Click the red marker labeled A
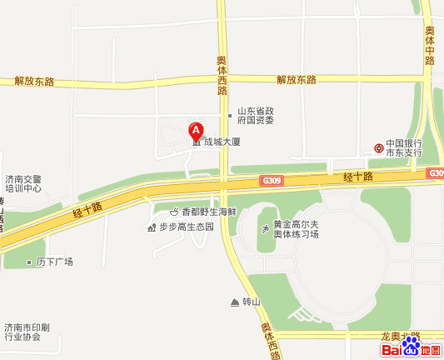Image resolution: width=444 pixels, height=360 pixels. coord(196,131)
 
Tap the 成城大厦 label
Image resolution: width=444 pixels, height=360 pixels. coord(222,142)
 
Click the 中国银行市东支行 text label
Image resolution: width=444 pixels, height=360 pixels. coord(404,147)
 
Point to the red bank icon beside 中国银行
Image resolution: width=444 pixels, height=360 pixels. coord(379,147)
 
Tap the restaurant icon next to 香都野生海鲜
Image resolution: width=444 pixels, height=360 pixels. coord(173,212)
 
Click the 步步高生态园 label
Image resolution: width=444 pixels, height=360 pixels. coord(187,226)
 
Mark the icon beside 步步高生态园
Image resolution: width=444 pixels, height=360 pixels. coord(151,227)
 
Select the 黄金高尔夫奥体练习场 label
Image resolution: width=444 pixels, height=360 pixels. coord(297,229)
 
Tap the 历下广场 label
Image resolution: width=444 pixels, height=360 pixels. coord(55,262)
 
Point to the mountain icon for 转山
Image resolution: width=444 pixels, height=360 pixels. coord(234,302)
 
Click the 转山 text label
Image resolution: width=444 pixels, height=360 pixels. coord(251,302)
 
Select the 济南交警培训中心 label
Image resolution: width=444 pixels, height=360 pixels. coord(22,183)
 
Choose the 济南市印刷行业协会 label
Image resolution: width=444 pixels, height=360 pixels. coord(22,332)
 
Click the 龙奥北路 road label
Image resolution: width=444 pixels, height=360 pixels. coord(401,336)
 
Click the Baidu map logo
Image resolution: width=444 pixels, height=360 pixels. coord(412,349)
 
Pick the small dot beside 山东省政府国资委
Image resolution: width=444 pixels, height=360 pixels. coord(230,115)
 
